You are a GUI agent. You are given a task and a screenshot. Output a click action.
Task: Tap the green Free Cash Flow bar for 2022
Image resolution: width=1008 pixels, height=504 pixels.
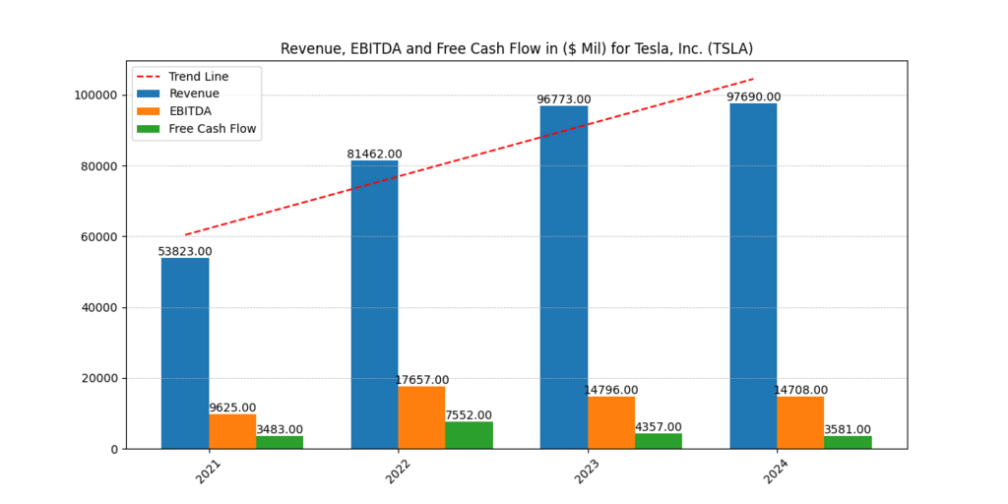(x=469, y=435)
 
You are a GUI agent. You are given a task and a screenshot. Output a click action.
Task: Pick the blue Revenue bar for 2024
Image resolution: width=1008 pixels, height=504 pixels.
(x=753, y=276)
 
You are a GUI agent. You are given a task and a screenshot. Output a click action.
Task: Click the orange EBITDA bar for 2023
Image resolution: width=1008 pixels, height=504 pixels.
(x=611, y=422)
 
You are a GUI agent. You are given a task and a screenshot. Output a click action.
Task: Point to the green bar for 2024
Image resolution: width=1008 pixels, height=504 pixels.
(x=848, y=442)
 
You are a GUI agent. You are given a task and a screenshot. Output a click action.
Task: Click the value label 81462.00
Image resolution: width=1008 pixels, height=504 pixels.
(x=374, y=155)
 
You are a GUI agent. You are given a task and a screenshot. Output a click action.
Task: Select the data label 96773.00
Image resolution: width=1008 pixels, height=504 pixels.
(x=563, y=99)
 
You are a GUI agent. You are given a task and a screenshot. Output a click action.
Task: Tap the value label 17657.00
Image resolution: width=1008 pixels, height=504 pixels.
(x=421, y=380)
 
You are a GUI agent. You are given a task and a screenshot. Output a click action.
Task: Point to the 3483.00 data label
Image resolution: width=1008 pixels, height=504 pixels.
(x=280, y=429)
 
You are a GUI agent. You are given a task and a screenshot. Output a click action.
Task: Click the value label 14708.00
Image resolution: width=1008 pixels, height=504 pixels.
(x=800, y=390)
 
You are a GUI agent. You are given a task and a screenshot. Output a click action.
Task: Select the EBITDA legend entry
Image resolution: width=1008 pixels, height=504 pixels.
(x=190, y=111)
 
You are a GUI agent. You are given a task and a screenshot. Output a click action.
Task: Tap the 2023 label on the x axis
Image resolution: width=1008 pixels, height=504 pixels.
(x=586, y=472)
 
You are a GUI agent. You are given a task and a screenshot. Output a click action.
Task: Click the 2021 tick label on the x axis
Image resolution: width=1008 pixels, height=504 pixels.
(x=208, y=472)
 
